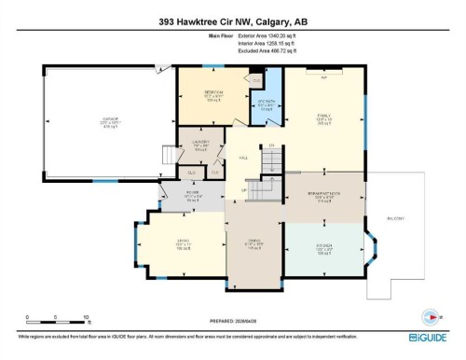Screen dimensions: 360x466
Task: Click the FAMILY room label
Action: pyautogui.click(x=323, y=119)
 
